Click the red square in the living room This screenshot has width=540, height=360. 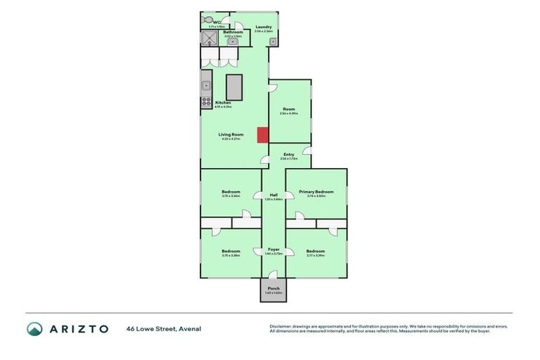coord(262,134)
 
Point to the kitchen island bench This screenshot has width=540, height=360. coord(233,86)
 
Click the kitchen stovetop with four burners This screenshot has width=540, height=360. coord(207,101)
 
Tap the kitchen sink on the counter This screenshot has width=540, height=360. coord(206,86)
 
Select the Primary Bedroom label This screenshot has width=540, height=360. coord(316,191)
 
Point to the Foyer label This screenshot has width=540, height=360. coord(274,249)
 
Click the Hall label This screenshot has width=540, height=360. coord(274,195)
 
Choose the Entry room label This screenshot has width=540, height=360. coord(289,155)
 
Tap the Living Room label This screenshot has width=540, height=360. coord(231,134)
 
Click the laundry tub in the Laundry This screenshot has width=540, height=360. coord(272,41)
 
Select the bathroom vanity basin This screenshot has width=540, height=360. coord(232,41)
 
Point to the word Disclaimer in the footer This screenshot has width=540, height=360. coord(282,326)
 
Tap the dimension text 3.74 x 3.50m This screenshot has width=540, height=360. coord(316,196)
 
